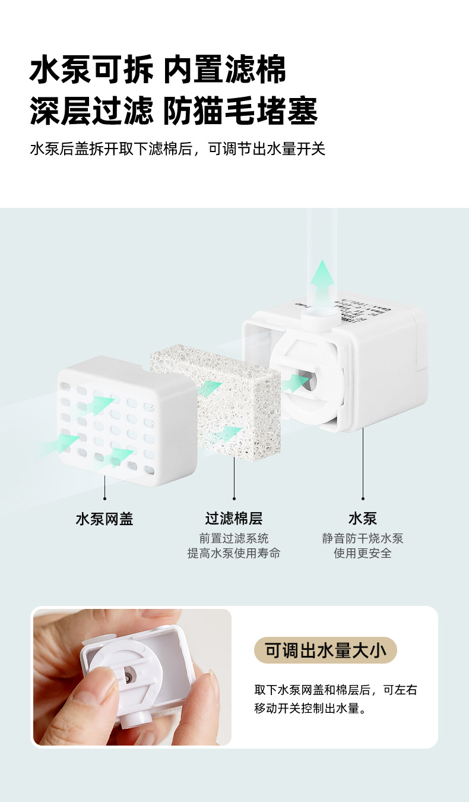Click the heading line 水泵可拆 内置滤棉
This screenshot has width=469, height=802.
point(157,71)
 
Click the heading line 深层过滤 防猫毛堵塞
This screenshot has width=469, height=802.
point(173,112)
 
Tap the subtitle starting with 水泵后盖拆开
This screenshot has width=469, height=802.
point(178,149)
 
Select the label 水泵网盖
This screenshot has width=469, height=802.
point(104,519)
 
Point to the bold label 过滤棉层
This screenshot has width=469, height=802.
point(234,519)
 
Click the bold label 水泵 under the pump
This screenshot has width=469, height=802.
point(363,519)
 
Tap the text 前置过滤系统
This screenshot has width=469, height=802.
point(234,538)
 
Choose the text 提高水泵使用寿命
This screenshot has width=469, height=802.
point(234,554)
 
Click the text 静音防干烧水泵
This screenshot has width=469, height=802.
point(363,538)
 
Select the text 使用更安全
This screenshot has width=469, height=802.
point(363,554)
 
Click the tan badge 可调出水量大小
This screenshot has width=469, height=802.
point(325,651)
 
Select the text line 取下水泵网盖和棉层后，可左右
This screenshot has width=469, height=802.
point(336,690)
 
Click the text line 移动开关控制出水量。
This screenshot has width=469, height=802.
point(309,708)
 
